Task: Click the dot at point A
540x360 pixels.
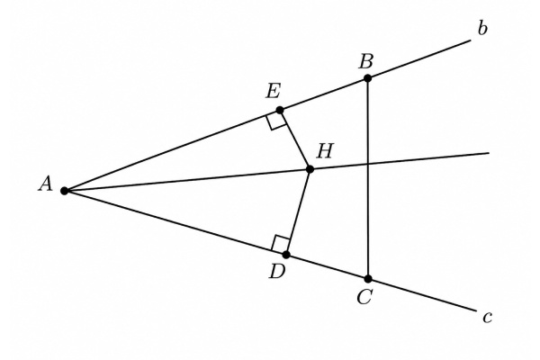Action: click(64, 191)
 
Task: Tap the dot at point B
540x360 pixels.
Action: click(367, 78)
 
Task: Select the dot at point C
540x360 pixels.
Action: click(368, 279)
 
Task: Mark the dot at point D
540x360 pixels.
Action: click(286, 255)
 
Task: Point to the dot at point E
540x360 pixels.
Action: click(280, 110)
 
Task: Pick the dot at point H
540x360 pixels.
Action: click(310, 169)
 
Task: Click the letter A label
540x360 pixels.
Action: click(46, 184)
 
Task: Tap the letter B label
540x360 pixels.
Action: click(366, 62)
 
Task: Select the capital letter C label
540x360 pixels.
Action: click(364, 297)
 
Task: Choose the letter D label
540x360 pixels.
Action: click(277, 272)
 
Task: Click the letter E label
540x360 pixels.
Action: click(273, 92)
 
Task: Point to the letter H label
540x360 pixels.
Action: click(325, 151)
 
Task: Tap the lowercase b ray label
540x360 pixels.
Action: click(482, 29)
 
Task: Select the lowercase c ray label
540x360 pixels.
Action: click(487, 318)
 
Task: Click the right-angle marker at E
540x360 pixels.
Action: click(276, 121)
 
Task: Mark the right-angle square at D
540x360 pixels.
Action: click(281, 244)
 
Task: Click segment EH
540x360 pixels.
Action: click(295, 139)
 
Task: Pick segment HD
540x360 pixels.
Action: click(298, 211)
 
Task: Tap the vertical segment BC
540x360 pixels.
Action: click(368, 178)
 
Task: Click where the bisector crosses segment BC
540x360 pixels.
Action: click(368, 164)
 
